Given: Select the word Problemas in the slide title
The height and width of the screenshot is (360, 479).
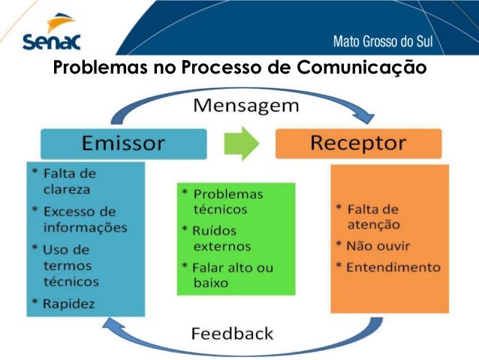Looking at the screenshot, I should point(100,68).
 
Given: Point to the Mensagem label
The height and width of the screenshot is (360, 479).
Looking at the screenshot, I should point(246,104).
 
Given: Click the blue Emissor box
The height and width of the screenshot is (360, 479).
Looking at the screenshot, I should point(123,143).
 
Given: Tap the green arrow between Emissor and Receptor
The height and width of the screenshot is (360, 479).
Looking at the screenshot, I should point(241,143).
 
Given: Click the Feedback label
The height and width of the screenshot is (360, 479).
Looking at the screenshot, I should point(233,332).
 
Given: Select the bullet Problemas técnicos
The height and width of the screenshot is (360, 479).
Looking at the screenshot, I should point(224,201).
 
